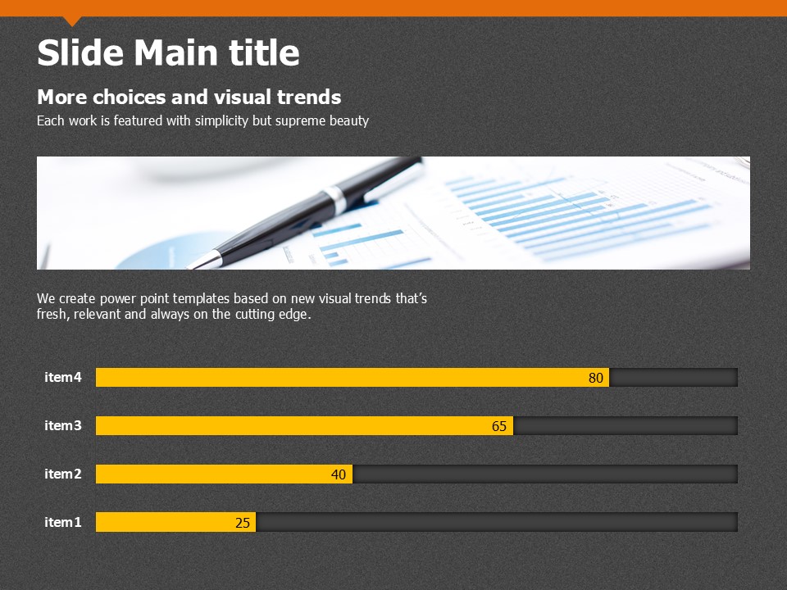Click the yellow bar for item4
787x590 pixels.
pyautogui.click(x=353, y=377)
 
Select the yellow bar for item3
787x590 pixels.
pyautogui.click(x=305, y=425)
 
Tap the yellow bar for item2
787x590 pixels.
pyautogui.click(x=224, y=474)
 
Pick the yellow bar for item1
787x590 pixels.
pyautogui.click(x=175, y=522)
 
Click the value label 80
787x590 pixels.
pyautogui.click(x=596, y=378)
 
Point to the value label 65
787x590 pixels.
pyautogui.click(x=499, y=426)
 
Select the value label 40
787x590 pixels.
pyautogui.click(x=339, y=474)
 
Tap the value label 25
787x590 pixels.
pyautogui.click(x=243, y=523)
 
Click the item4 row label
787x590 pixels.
pyautogui.click(x=63, y=377)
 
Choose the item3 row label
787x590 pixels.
pyautogui.click(x=63, y=425)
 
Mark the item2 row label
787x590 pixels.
pyautogui.click(x=63, y=474)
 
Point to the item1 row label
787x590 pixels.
pyautogui.click(x=63, y=522)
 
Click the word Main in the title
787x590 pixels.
pyautogui.click(x=176, y=52)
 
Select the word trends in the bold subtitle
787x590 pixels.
pyautogui.click(x=309, y=97)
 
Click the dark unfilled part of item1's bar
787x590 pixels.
pyautogui.click(x=497, y=522)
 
